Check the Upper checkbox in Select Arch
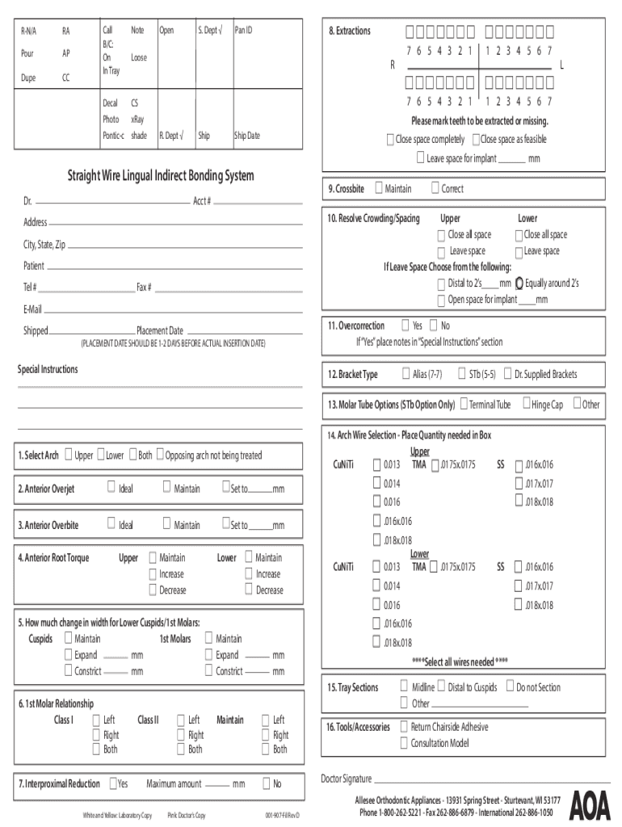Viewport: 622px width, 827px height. (x=69, y=455)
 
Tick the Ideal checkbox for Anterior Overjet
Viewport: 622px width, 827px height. (x=111, y=488)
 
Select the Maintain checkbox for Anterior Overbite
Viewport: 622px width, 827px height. (x=166, y=524)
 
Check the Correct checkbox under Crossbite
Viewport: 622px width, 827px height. (x=435, y=188)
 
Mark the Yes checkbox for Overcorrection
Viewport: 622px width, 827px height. (x=405, y=325)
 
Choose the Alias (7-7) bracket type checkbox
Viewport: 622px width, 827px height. (x=406, y=374)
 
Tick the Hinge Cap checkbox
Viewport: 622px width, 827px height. (x=527, y=403)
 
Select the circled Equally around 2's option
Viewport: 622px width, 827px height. (x=519, y=283)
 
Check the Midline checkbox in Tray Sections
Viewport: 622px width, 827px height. (x=405, y=686)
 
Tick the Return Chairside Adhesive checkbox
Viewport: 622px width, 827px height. (x=404, y=726)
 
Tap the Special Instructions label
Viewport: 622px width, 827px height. (x=48, y=369)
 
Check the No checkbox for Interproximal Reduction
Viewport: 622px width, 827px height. (x=266, y=783)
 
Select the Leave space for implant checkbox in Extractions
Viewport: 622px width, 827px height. (x=420, y=158)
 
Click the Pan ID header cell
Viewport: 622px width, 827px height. (x=243, y=30)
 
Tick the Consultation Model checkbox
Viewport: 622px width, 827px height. (x=404, y=742)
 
